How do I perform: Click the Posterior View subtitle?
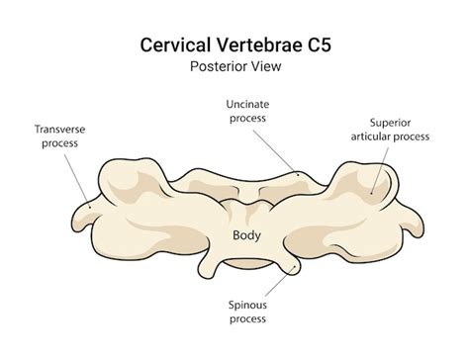(x=234, y=68)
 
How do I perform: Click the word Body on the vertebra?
(x=246, y=234)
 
